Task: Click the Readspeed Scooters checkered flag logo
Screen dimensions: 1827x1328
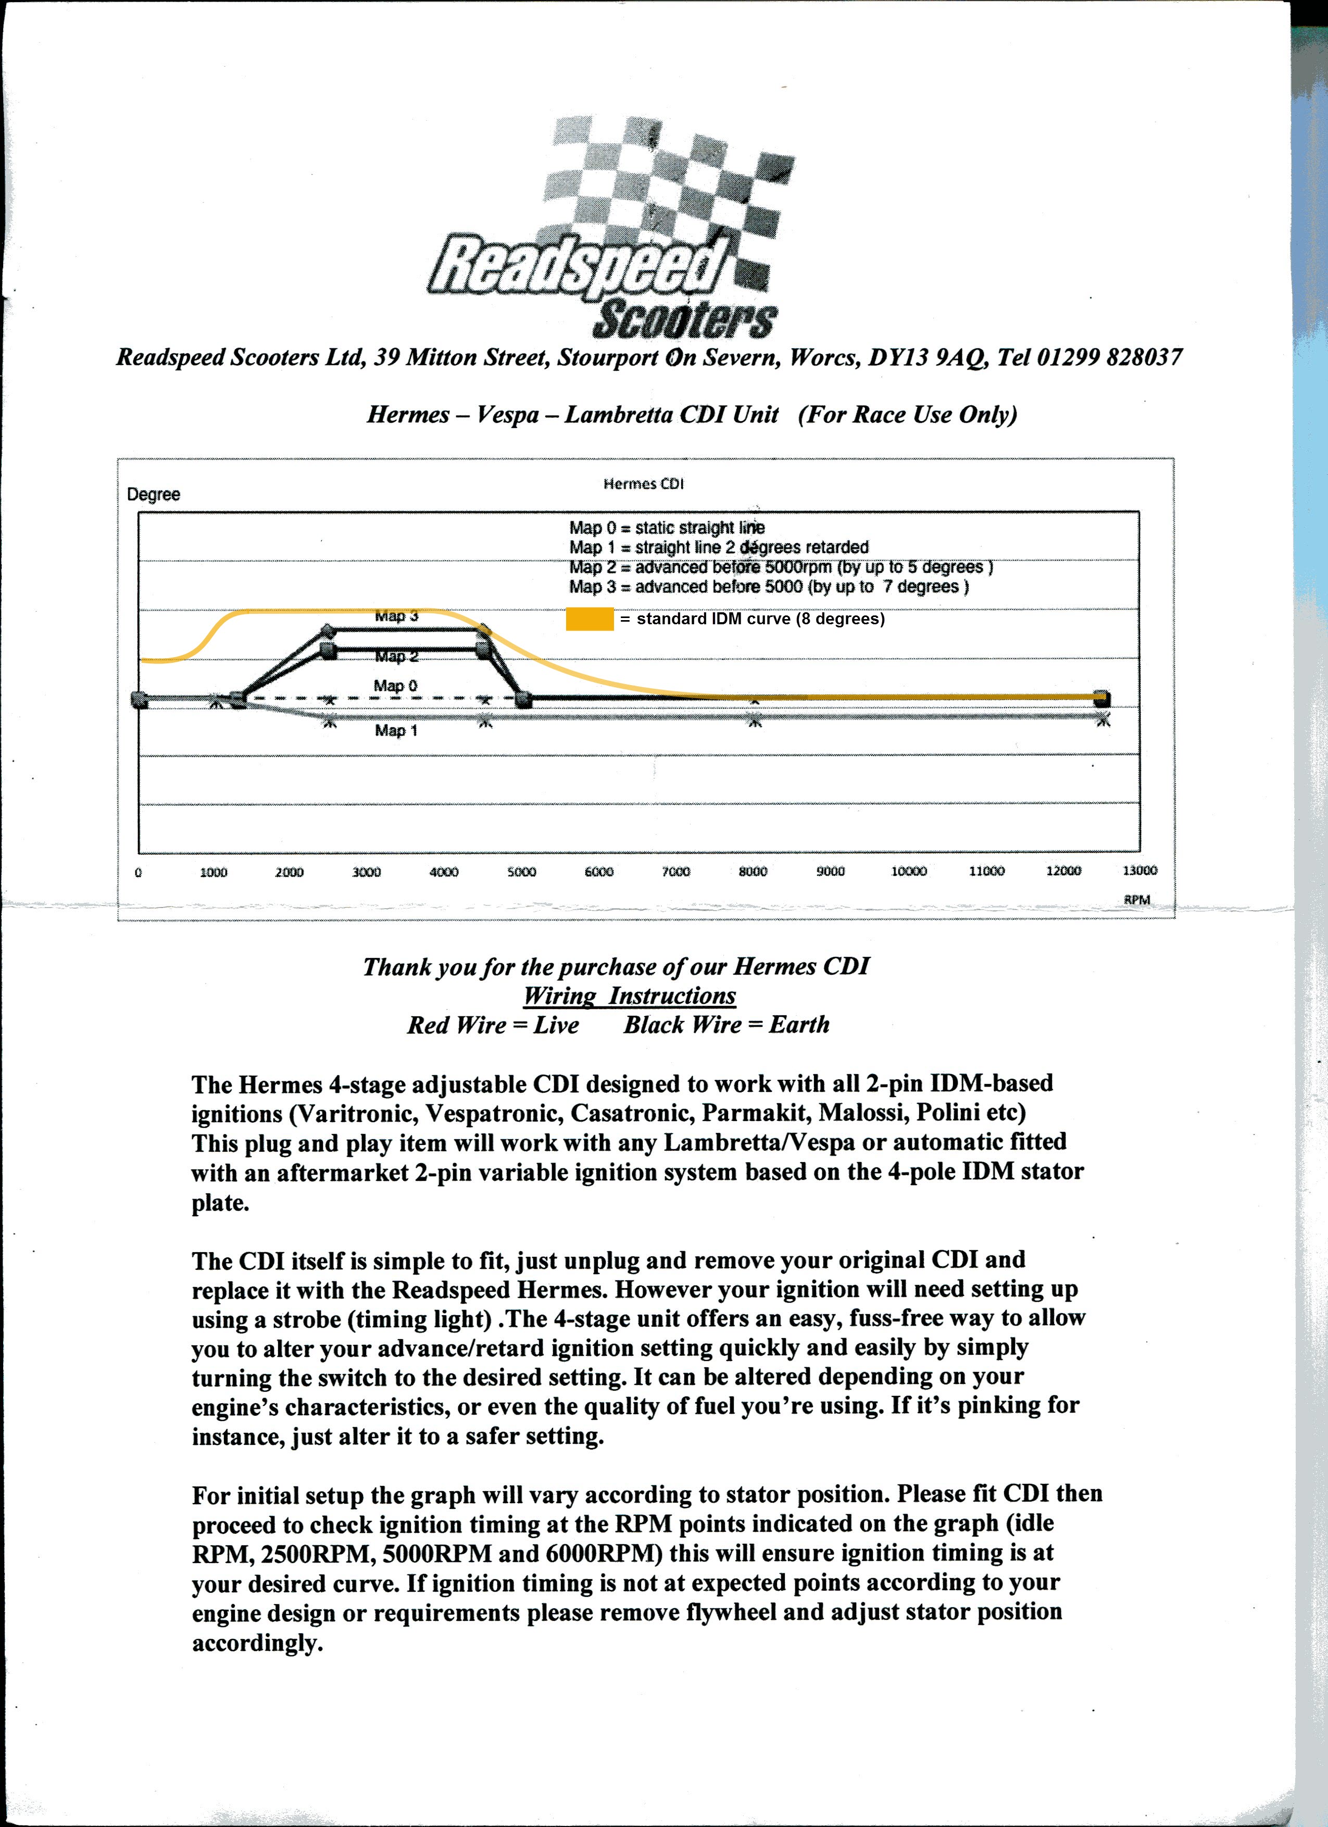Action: tap(612, 230)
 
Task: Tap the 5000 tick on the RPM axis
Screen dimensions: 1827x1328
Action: tap(521, 872)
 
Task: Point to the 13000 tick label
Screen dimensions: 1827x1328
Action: tap(1139, 870)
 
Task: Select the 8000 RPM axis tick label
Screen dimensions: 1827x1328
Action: tap(753, 872)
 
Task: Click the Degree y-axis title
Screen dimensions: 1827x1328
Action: tap(153, 494)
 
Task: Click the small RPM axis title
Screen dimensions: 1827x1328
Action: tap(1136, 899)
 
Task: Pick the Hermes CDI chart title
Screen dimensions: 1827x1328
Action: tap(643, 483)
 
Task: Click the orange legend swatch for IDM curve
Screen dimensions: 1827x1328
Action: tap(589, 619)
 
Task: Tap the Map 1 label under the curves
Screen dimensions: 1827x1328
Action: tap(396, 730)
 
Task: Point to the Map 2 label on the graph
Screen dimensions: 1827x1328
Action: tap(396, 657)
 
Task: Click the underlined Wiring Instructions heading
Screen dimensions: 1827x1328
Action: tap(629, 996)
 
